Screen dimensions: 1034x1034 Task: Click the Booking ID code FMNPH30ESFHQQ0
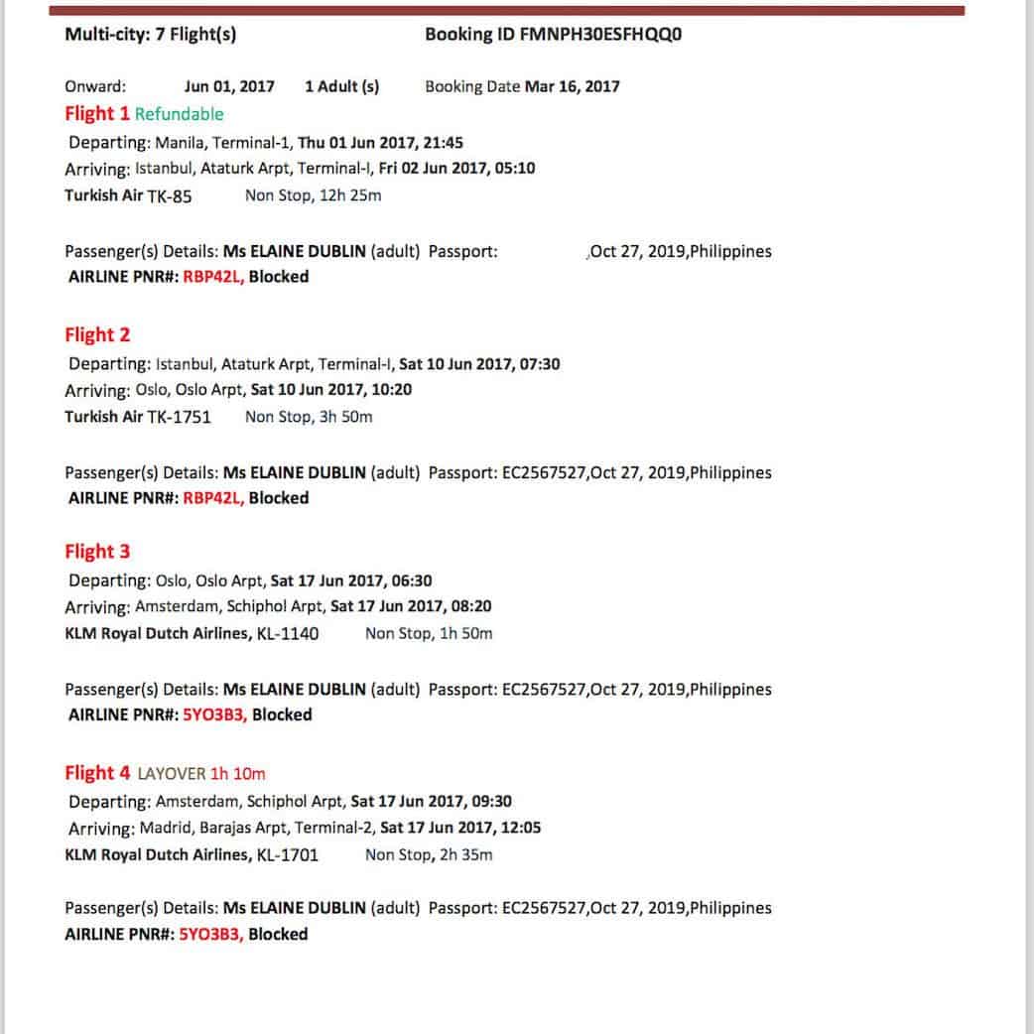pyautogui.click(x=600, y=35)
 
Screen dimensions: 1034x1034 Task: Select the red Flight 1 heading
pyautogui.click(x=97, y=113)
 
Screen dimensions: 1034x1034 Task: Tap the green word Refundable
pyautogui.click(x=180, y=114)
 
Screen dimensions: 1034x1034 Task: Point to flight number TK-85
pyautogui.click(x=170, y=196)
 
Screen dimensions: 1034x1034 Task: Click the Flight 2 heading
pyautogui.click(x=97, y=334)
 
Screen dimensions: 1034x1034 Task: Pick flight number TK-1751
pyautogui.click(x=179, y=417)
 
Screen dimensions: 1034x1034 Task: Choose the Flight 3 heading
pyautogui.click(x=97, y=552)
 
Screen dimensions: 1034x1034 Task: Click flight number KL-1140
pyautogui.click(x=288, y=634)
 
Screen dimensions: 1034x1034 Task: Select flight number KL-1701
pyautogui.click(x=288, y=854)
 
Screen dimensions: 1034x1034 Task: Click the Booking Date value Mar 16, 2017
pyautogui.click(x=573, y=86)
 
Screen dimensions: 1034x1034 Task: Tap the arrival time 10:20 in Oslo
pyautogui.click(x=393, y=390)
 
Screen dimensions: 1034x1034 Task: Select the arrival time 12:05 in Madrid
pyautogui.click(x=521, y=828)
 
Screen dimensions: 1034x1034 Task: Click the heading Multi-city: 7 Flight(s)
pyautogui.click(x=150, y=35)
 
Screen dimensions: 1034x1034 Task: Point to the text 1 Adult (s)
pyautogui.click(x=341, y=86)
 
